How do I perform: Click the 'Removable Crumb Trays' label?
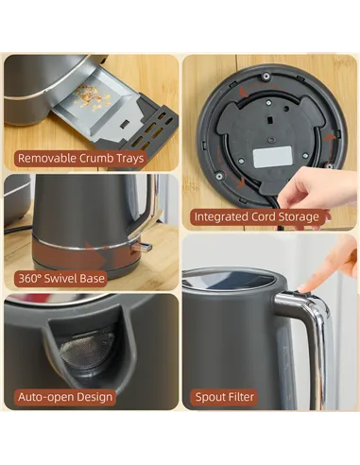[80, 158]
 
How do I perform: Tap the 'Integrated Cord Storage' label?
[256, 216]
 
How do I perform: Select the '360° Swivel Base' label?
[61, 278]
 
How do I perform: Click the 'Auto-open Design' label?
[65, 397]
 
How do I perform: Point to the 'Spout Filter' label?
[224, 397]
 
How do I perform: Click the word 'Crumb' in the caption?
[96, 158]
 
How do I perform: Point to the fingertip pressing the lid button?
[304, 287]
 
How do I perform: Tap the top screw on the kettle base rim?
[266, 76]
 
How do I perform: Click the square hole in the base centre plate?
[270, 120]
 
